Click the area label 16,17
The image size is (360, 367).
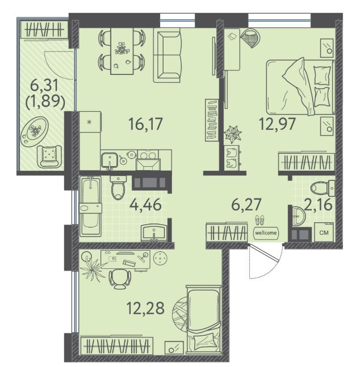[x=145, y=124]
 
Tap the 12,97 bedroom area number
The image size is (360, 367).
[x=277, y=124]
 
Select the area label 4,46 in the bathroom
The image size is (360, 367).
[x=145, y=204]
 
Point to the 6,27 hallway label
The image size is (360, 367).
[x=246, y=204]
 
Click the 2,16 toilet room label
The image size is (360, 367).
[x=318, y=204]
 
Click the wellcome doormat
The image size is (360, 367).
[x=266, y=233]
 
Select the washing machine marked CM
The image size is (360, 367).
[x=324, y=232]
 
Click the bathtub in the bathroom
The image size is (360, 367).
[x=90, y=206]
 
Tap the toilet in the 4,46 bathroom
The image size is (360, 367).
[x=118, y=188]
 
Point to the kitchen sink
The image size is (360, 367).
[x=109, y=161]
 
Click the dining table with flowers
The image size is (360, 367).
[x=122, y=51]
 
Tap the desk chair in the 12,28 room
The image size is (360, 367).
[x=120, y=279]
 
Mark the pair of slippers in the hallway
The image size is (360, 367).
[x=259, y=221]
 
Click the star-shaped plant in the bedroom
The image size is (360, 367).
[x=232, y=134]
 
